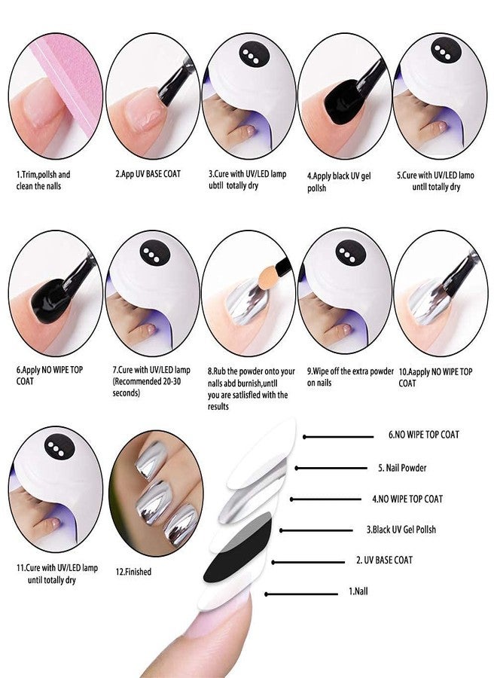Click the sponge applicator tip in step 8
tap(264, 281)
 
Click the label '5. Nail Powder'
tap(401, 468)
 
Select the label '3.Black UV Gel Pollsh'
tap(404, 530)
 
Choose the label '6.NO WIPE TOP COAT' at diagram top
tap(423, 435)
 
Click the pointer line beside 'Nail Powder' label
tap(331, 468)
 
